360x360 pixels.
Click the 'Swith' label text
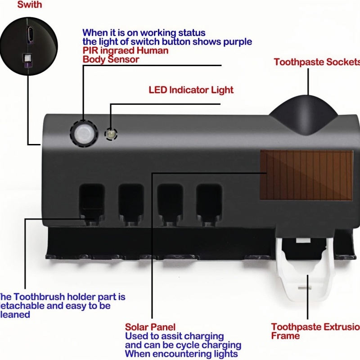[x=30, y=5]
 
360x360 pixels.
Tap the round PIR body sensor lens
[x=83, y=133]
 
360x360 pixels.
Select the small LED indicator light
[x=110, y=134]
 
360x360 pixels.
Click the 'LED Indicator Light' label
[x=191, y=90]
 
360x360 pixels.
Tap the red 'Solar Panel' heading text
[x=150, y=327]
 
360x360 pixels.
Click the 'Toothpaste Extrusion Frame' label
[x=315, y=331]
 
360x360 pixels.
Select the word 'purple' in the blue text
[x=237, y=42]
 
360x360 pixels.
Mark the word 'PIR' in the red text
[x=90, y=51]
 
